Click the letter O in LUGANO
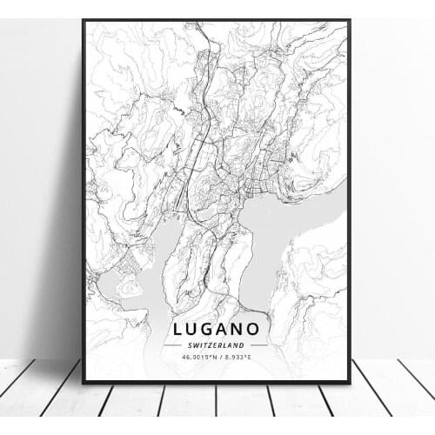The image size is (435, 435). pos(258,330)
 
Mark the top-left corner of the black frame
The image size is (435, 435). pos(84,21)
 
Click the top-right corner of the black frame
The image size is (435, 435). pos(349,21)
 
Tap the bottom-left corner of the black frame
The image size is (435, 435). pos(84,382)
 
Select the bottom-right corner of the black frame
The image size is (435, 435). pos(349,382)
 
